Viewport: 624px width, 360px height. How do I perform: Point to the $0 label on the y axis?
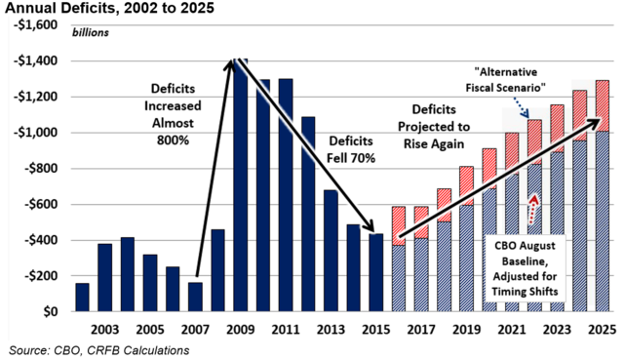coord(51,312)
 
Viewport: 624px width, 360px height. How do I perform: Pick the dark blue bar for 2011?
coord(286,195)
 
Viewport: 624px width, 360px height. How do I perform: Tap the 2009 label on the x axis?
coord(240,330)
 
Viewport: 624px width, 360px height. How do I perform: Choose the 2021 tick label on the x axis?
coord(512,330)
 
